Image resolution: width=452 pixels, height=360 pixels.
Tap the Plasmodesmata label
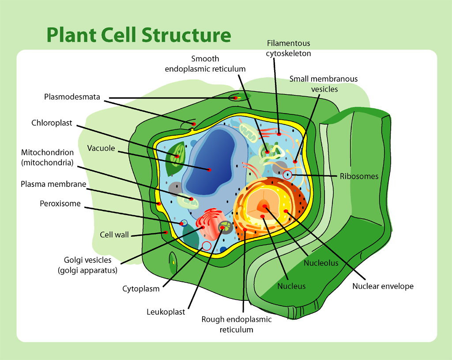tap(72, 97)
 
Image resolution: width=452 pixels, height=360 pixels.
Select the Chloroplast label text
tap(52, 123)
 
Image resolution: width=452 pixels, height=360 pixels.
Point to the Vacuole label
tap(101, 148)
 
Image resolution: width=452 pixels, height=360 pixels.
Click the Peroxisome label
tap(60, 204)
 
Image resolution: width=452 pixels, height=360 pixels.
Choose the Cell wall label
tap(114, 235)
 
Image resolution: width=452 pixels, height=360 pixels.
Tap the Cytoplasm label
tap(140, 289)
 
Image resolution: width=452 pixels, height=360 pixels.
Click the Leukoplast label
tap(166, 312)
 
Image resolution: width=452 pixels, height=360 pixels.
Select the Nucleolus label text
tap(321, 263)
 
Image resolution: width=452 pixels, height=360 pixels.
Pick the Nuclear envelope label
tap(383, 286)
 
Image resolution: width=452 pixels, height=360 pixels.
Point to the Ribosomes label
tap(359, 176)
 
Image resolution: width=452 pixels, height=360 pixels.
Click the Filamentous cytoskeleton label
tap(289, 48)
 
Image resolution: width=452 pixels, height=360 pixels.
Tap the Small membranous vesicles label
tap(324, 84)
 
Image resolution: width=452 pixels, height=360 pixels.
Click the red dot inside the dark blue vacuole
tap(210, 170)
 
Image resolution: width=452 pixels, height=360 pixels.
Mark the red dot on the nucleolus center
tap(265, 206)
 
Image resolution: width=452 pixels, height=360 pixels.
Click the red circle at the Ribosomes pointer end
tap(287, 174)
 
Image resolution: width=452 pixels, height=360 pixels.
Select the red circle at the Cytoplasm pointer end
tap(206, 246)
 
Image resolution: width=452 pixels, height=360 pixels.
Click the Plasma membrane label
tap(53, 184)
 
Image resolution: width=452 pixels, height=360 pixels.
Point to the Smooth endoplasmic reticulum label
tap(205, 64)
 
